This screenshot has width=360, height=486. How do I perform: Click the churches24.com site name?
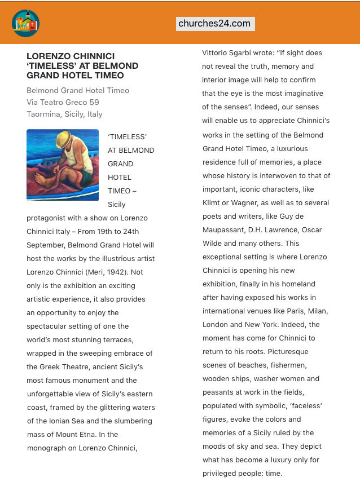tap(214, 24)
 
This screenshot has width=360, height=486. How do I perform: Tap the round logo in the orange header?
tap(25, 24)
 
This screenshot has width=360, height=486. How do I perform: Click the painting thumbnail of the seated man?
tap(63, 165)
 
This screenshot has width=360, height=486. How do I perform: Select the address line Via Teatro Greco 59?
tap(63, 102)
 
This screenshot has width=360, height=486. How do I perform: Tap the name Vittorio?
tap(217, 53)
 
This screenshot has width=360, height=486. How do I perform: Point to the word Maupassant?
tap(225, 230)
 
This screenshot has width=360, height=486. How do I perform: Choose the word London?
tap(216, 325)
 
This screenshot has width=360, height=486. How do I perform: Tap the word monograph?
tap(49, 448)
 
